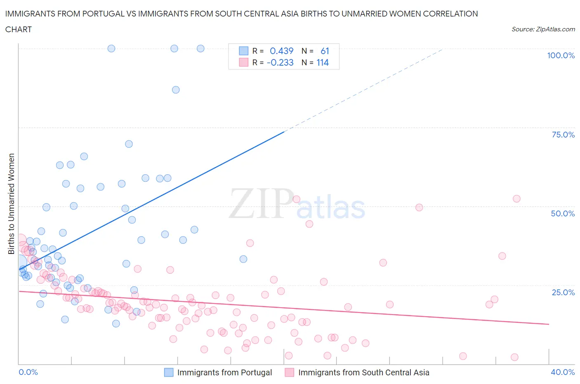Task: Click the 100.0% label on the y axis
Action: [561, 55]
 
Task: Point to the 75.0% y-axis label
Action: [563, 135]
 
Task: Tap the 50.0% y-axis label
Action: [563, 213]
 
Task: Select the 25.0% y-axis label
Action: [563, 292]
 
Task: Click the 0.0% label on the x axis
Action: [28, 372]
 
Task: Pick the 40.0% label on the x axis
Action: [563, 372]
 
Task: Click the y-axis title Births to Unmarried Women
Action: [12, 204]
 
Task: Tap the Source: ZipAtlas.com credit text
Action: [543, 29]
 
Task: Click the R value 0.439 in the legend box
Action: [281, 51]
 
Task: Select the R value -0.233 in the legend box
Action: [280, 62]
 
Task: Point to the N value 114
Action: [323, 62]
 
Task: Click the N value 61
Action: [325, 51]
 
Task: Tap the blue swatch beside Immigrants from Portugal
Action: [169, 372]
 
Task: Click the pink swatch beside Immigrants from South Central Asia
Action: [290, 372]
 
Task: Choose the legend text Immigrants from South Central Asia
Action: [363, 372]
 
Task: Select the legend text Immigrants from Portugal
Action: [224, 372]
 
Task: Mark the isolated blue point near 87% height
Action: [176, 90]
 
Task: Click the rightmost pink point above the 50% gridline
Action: [516, 199]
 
